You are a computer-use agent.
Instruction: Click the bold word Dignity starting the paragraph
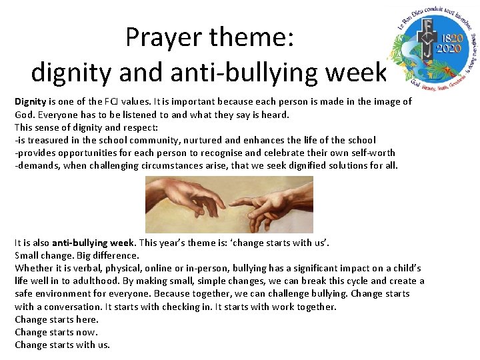(30, 102)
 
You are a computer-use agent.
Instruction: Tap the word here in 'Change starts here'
(87, 319)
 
